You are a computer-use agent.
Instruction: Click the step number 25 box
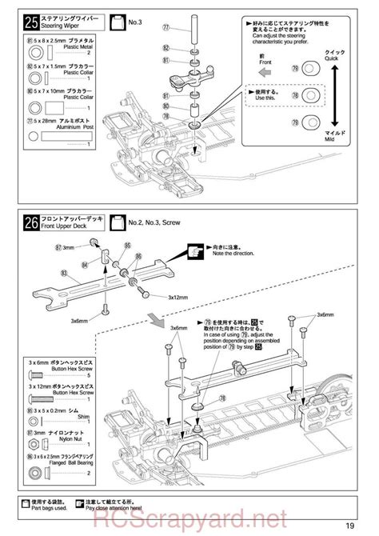coord(34,19)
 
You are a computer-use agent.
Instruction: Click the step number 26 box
coord(34,223)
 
